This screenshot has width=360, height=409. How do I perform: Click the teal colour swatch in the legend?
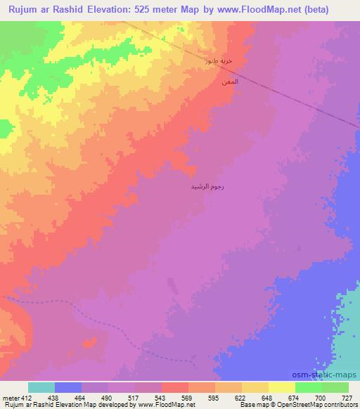41,387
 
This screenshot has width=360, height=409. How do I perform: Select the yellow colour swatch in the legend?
282,387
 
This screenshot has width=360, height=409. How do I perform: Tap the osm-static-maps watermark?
329,375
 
